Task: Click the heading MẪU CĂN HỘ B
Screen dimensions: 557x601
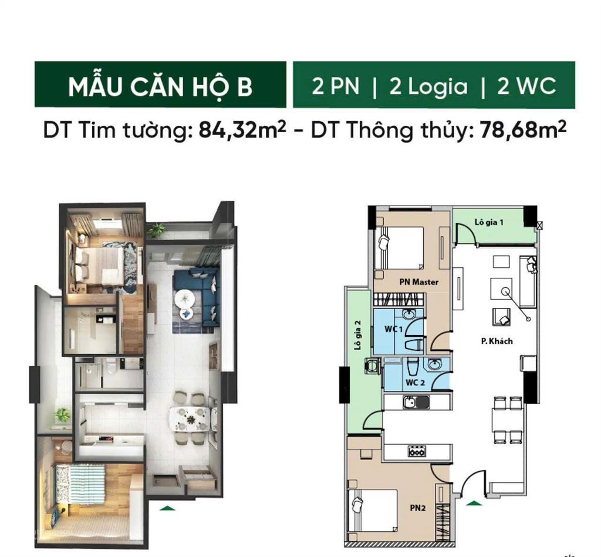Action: point(160,86)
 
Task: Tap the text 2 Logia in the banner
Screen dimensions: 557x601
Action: point(428,86)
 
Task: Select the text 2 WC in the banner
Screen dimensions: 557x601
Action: point(526,86)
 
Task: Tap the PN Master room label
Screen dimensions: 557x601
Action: point(418,282)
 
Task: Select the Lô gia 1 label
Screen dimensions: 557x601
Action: point(488,223)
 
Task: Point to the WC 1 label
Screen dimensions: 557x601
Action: point(393,329)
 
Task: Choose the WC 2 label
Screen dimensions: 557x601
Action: point(415,382)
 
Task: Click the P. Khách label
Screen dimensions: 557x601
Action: point(497,341)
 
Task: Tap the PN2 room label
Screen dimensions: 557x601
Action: point(418,508)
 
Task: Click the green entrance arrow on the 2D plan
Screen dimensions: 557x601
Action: point(472,502)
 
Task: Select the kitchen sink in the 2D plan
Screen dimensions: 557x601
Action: point(416,403)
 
